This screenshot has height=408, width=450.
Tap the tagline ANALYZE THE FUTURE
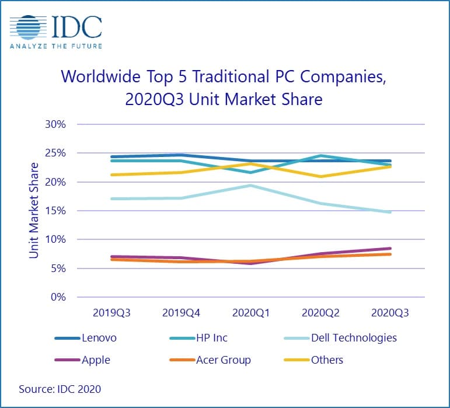click(56, 46)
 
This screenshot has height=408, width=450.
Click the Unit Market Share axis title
click(33, 211)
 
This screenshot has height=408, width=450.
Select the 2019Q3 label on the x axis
click(111, 313)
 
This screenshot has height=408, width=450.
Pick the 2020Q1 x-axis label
click(250, 313)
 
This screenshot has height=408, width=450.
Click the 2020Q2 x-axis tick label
click(320, 313)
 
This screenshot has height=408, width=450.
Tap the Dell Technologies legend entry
click(354, 338)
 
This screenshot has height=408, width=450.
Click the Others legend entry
click(327, 360)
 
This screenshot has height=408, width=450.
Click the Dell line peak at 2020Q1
click(250, 186)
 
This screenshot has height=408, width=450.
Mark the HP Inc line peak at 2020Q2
click(320, 156)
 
